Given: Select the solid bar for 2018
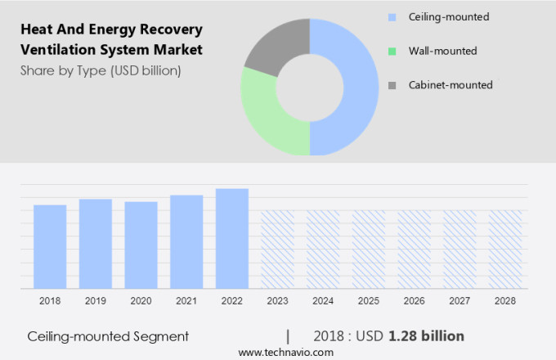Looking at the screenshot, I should [x=50, y=246].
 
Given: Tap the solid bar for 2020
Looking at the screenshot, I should [x=141, y=245].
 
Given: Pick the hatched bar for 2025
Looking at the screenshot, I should [x=369, y=249].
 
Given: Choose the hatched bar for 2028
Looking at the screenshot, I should [x=505, y=249].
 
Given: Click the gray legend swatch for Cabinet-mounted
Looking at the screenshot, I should [x=392, y=85].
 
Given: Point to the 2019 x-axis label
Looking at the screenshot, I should [x=96, y=301].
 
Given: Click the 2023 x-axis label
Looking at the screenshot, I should [x=277, y=301].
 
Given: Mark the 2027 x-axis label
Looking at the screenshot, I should [x=460, y=301].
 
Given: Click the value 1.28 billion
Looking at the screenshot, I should [x=427, y=335].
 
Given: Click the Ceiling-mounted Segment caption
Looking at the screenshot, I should [x=108, y=335].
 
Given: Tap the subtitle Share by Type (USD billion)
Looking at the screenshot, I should [x=101, y=70].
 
